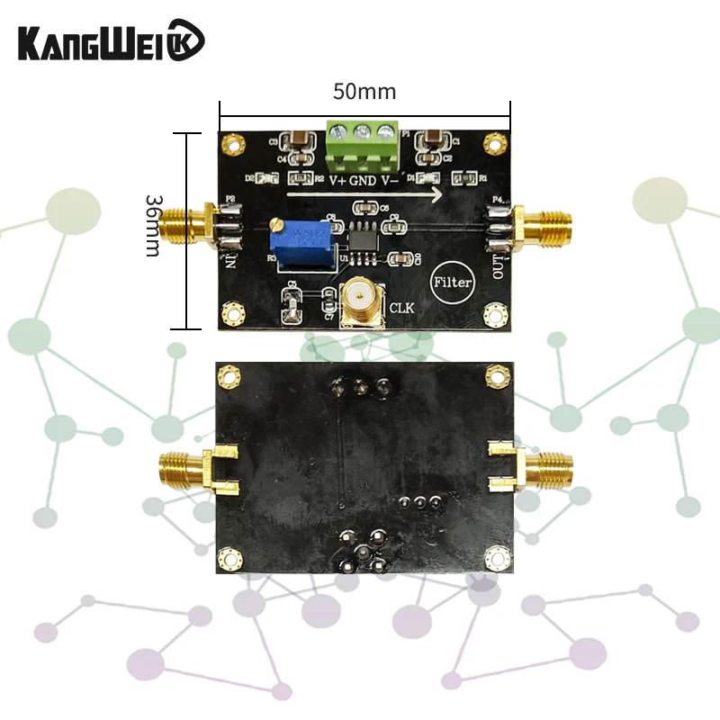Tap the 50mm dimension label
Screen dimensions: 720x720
tap(364, 92)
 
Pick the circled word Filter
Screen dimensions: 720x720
tap(452, 282)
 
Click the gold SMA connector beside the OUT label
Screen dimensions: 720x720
tap(542, 228)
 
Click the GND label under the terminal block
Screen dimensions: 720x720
tap(363, 180)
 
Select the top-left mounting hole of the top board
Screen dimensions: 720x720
tap(234, 142)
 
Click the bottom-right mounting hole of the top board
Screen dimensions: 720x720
tap(493, 313)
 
